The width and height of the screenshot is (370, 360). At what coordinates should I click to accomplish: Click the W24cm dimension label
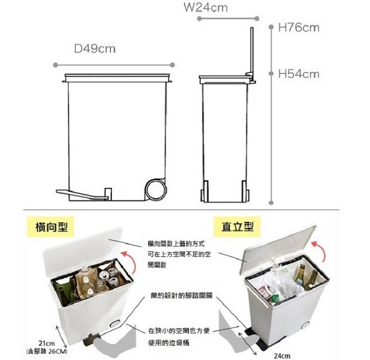point(205,8)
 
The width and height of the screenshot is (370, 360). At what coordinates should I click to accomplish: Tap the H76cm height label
point(299,27)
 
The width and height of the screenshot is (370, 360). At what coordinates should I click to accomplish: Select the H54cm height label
point(299,74)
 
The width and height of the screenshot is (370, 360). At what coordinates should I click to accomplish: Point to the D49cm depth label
point(95,49)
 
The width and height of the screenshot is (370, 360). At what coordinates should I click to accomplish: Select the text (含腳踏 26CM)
point(48,351)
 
